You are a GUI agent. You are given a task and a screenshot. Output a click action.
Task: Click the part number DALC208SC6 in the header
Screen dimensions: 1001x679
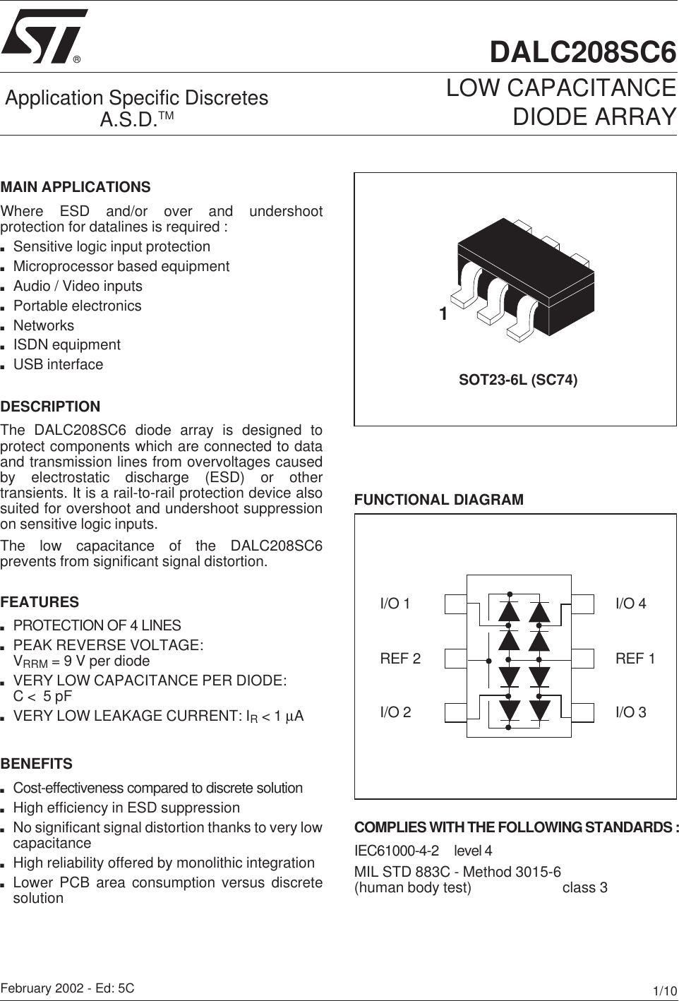pyautogui.click(x=583, y=53)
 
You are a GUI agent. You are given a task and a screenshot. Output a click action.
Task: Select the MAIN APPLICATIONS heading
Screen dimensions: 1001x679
pyautogui.click(x=76, y=187)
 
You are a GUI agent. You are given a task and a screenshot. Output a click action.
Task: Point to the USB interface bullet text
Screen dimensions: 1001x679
pyautogui.click(x=58, y=365)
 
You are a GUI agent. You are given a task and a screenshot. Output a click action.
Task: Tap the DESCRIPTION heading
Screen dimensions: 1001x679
pyautogui.click(x=51, y=407)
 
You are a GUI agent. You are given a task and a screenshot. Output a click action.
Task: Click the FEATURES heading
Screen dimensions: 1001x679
pyautogui.click(x=40, y=602)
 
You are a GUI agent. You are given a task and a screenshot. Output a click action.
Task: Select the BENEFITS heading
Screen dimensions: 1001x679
pyautogui.click(x=37, y=764)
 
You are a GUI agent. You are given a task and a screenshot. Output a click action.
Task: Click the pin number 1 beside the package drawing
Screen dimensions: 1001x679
pyautogui.click(x=443, y=314)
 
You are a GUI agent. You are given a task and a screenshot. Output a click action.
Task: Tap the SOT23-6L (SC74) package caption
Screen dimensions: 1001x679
pyautogui.click(x=518, y=380)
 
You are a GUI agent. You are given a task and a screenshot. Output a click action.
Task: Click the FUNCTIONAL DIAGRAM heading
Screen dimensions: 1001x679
pyautogui.click(x=439, y=500)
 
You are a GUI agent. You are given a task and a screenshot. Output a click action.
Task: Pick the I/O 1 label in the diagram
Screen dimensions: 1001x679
pyautogui.click(x=395, y=604)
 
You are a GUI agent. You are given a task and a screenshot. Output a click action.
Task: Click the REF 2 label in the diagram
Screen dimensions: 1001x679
pyautogui.click(x=400, y=659)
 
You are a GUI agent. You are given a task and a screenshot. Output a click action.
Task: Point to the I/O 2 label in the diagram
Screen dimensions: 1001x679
pyautogui.click(x=395, y=712)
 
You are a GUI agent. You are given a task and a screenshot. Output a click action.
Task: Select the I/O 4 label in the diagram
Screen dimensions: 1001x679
pyautogui.click(x=630, y=604)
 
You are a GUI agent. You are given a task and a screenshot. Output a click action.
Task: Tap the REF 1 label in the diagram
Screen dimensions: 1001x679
pyautogui.click(x=635, y=659)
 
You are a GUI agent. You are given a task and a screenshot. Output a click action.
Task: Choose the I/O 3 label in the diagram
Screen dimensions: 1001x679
pyautogui.click(x=630, y=712)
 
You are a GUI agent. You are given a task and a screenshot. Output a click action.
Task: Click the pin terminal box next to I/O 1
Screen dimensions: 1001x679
pyautogui.click(x=456, y=604)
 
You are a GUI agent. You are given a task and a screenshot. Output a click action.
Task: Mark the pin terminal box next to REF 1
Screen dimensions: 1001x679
pyautogui.click(x=583, y=658)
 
